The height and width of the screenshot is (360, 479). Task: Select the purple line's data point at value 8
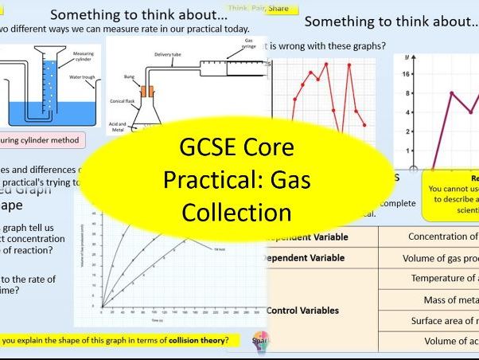452,93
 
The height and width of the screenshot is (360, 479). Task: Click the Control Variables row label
303,310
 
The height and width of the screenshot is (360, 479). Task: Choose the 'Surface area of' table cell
442,321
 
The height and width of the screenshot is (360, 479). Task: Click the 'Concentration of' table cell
442,236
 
